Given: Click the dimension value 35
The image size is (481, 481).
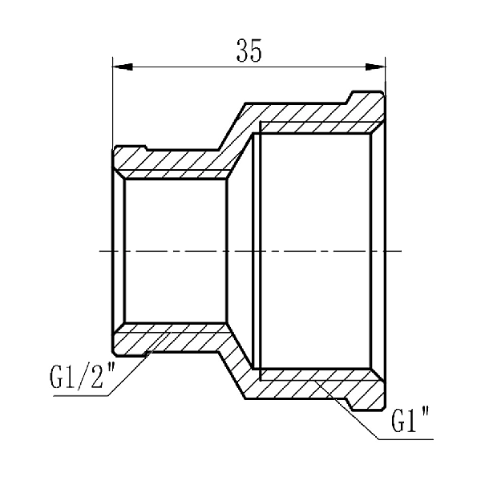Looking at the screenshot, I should pos(249,51).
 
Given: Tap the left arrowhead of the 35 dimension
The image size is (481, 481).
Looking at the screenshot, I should pos(118,67).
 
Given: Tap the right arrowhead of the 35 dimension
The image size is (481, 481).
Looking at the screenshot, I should pos(379,67).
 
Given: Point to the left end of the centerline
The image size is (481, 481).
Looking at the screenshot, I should pos(101,252).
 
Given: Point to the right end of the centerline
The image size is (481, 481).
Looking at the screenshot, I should pos(398,252).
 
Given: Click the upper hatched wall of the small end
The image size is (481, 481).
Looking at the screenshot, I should pos(172,164).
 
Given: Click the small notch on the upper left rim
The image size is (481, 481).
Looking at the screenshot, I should pos(145,148).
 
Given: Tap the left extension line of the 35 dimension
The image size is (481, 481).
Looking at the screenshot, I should pos(112,104).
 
